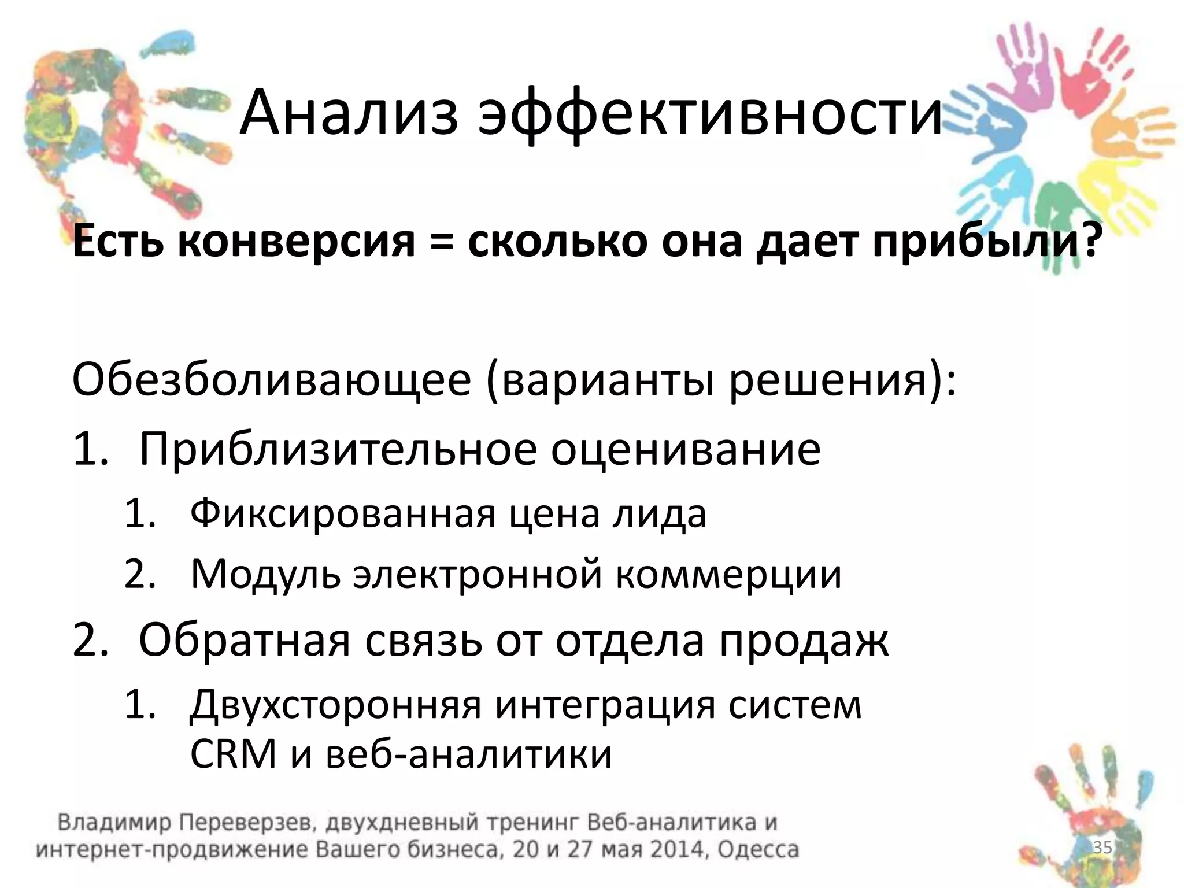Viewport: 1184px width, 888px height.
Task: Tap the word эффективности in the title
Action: click(711, 113)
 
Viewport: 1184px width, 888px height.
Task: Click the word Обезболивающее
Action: click(272, 382)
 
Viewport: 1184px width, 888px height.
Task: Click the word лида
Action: click(659, 513)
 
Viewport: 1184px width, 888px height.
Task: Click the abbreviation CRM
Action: click(234, 754)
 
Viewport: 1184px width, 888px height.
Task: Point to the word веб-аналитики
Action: click(468, 754)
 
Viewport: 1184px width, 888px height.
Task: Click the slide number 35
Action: click(1102, 848)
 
